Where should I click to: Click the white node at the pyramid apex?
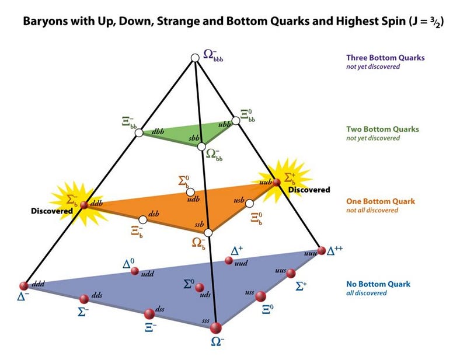(195, 58)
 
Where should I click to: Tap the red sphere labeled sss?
(216, 328)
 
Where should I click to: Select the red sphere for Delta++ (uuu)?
(322, 250)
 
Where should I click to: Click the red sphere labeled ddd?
(24, 286)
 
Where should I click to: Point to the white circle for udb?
(190, 192)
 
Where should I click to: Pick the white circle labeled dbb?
(139, 132)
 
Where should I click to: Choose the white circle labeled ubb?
(236, 121)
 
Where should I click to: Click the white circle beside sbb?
(201, 146)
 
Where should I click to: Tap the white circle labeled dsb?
(143, 220)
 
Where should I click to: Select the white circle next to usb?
(250, 204)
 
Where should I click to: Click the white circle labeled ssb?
(208, 233)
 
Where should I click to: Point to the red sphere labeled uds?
(199, 287)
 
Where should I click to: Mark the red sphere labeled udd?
(135, 271)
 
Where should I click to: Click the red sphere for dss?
(149, 313)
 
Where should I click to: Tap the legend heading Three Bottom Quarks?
(385, 58)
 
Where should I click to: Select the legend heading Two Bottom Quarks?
(382, 129)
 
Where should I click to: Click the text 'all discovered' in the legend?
(367, 293)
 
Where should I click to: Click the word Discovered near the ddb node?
(52, 211)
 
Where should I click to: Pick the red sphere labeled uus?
(291, 273)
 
